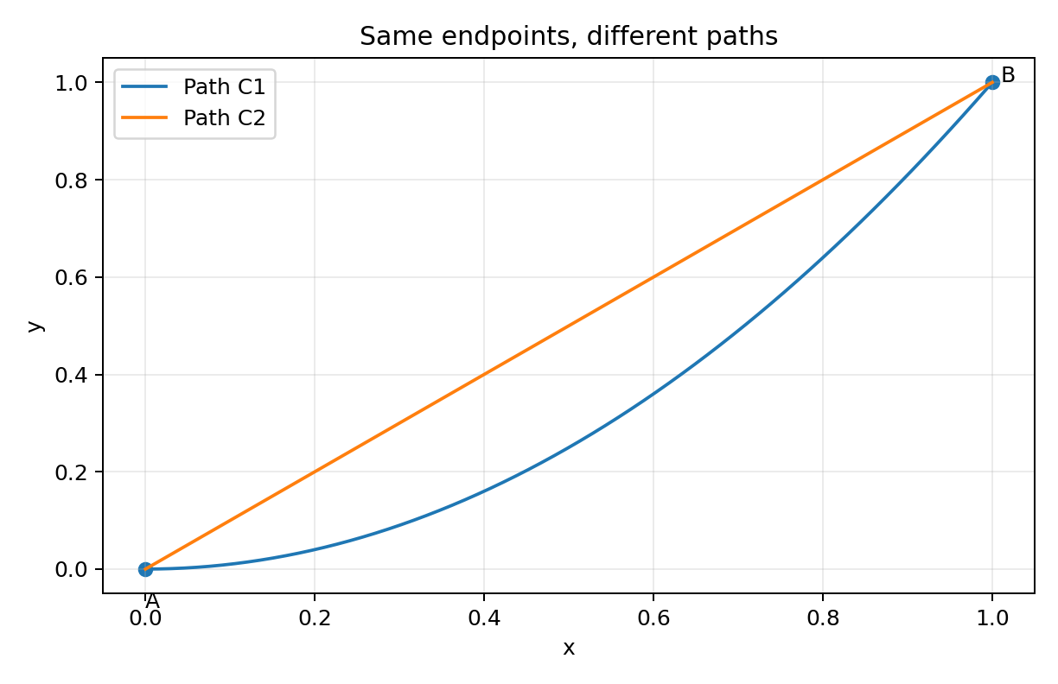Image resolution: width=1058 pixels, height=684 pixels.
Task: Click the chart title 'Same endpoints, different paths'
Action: coord(569,36)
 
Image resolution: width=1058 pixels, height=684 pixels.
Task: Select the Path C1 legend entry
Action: coord(194,87)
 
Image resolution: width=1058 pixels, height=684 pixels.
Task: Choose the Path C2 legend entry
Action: coord(194,118)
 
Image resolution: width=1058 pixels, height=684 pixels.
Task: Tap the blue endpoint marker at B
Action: coord(992,83)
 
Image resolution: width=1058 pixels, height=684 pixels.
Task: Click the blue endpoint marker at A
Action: coord(145,569)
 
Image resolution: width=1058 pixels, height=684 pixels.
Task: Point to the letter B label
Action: coord(1008,75)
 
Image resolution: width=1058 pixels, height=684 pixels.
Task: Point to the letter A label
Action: coord(152,601)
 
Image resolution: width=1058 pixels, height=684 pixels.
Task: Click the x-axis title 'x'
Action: coord(569,648)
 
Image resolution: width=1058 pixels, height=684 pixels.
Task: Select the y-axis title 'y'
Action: coord(35,326)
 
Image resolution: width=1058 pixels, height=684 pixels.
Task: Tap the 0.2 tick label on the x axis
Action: coord(315,617)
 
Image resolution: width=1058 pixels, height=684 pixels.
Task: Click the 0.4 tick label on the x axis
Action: coord(484,617)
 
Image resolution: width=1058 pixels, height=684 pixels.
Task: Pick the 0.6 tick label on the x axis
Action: coord(653,617)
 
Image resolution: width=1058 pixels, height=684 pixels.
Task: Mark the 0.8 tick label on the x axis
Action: coord(823,617)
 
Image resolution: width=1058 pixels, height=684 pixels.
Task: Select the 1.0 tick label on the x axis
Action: coord(992,617)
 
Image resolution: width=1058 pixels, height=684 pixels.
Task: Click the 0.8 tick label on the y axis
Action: coord(72,180)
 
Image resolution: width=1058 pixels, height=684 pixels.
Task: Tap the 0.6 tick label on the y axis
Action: coord(72,277)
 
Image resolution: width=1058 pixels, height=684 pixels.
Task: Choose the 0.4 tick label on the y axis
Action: coord(72,376)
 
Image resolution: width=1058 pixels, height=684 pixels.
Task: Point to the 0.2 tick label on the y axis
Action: coord(72,472)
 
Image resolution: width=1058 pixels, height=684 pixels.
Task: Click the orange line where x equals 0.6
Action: coord(653,277)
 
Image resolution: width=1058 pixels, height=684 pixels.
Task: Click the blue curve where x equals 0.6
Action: coord(653,394)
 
